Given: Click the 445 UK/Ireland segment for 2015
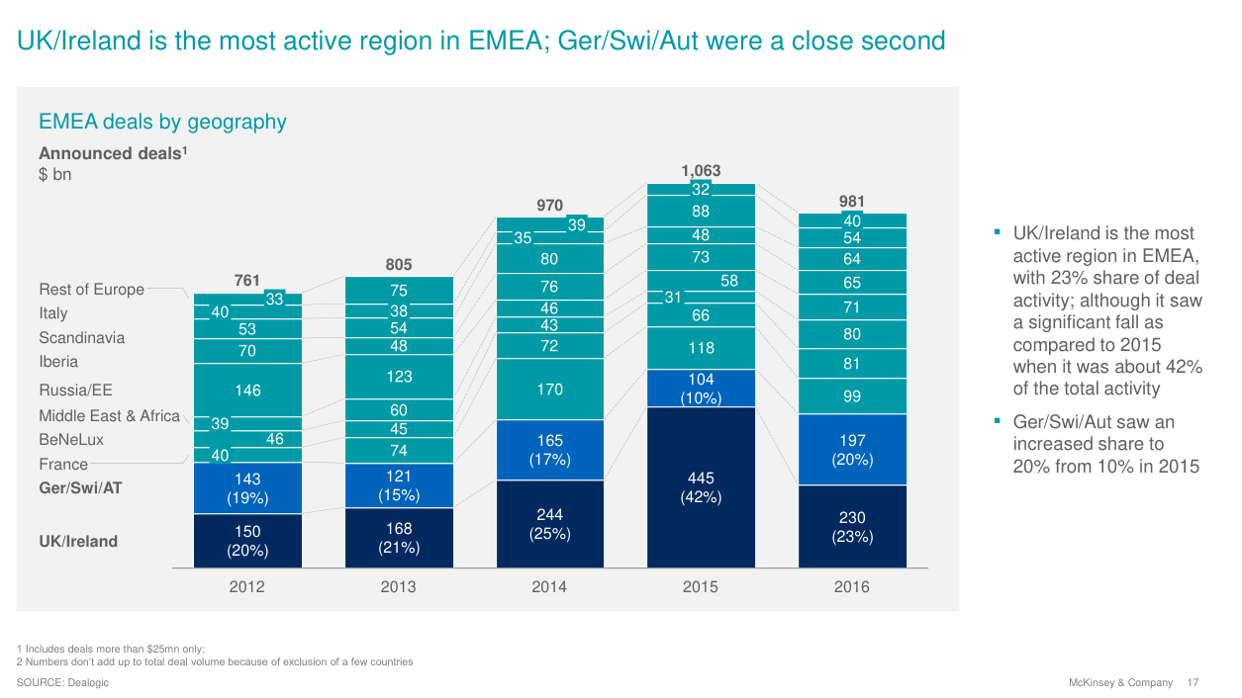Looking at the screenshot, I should click(x=701, y=487).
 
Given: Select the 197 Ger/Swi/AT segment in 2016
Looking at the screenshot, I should click(x=852, y=449).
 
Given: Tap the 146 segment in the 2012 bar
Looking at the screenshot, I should click(x=247, y=391).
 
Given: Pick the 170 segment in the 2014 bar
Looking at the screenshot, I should click(x=549, y=390).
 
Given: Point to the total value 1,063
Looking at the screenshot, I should click(x=701, y=171).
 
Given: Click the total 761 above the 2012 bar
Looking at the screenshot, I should click(x=247, y=281).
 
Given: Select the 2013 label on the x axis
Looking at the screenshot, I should click(x=399, y=587).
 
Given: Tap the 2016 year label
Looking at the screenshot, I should click(x=852, y=587).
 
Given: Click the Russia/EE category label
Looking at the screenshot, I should click(x=75, y=391).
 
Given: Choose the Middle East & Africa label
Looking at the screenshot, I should click(x=109, y=415).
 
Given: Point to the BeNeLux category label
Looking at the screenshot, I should click(x=71, y=440).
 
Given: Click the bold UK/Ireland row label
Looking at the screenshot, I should click(x=78, y=541).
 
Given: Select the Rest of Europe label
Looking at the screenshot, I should click(x=91, y=290).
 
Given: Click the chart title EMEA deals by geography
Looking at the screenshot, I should click(x=162, y=122).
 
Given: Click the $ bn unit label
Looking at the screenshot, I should click(x=55, y=175).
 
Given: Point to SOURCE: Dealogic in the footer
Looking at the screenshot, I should click(x=62, y=683).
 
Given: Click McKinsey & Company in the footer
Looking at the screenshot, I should click(x=1120, y=683).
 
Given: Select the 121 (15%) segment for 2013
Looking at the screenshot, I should click(x=399, y=485).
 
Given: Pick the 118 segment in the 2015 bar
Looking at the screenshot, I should click(x=701, y=348).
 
